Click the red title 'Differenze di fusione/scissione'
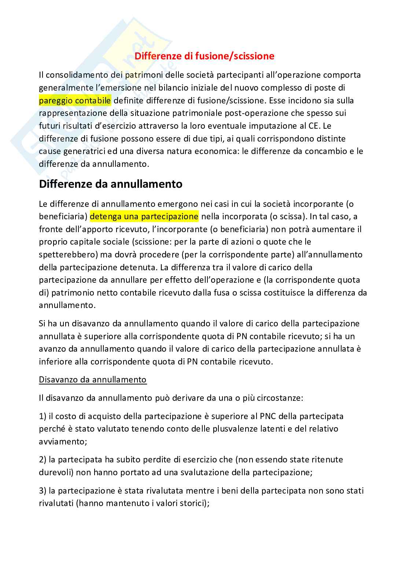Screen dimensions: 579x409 (204, 56)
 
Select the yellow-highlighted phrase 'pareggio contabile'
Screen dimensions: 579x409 (75, 100)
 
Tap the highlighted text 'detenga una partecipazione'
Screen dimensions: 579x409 (144, 216)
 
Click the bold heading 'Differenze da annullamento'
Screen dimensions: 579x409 (111, 184)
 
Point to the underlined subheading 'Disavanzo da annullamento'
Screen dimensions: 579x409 (93, 380)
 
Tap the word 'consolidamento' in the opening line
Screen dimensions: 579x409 (76, 75)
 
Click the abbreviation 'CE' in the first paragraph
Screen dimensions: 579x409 (317, 126)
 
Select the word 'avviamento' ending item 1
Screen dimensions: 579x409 (62, 441)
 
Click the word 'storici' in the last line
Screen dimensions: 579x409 (194, 503)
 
